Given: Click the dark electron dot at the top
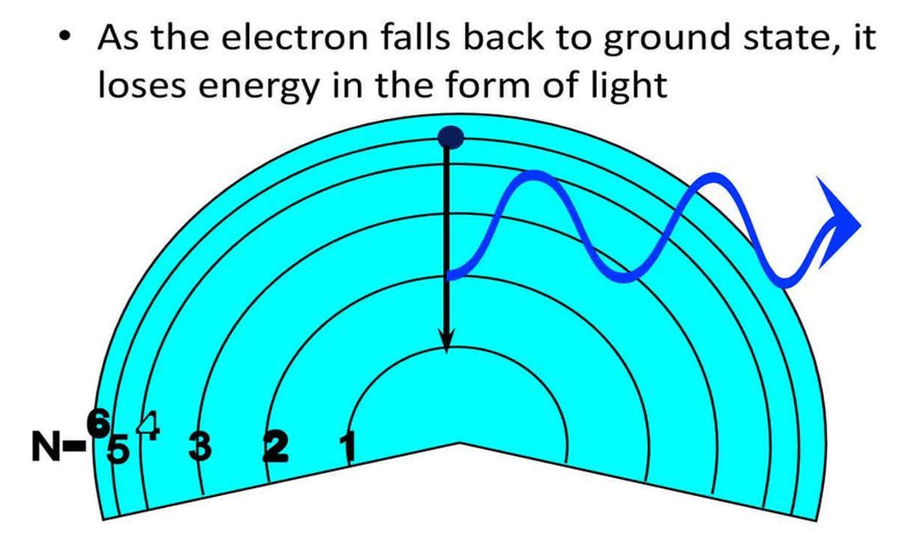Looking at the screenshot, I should pos(451,137).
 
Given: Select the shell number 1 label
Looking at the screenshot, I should pos(347,444).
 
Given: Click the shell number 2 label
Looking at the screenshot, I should pos(275,445).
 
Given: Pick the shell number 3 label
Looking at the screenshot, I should pos(200,445).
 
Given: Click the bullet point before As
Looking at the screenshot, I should pos(65,41).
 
